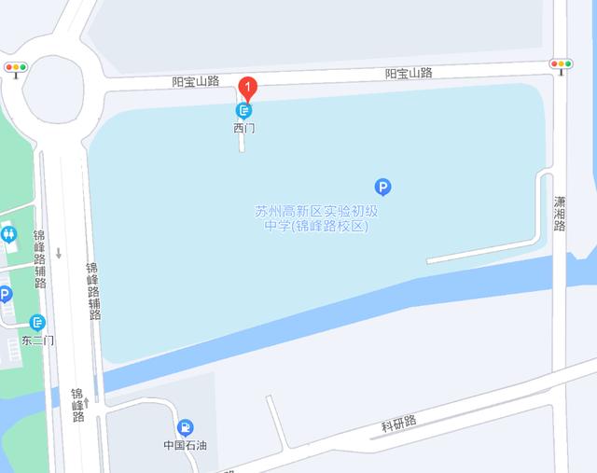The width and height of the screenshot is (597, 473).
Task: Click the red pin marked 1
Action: pos(248,89)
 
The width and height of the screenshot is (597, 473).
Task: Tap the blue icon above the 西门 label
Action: pos(243,110)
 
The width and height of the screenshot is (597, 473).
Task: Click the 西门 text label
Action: pos(243,128)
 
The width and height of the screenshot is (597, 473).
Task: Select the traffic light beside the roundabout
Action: pos(16,67)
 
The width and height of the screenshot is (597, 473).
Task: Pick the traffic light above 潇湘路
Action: pos(561,64)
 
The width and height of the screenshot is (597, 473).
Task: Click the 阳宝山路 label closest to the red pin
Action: pos(195,81)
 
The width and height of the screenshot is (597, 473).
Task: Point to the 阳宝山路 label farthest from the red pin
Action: pos(409,73)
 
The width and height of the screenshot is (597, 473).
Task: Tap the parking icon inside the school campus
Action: pos(382,187)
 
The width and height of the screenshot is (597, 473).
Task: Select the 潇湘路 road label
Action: pos(560,214)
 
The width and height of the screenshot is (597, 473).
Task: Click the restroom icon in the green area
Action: pos(9,233)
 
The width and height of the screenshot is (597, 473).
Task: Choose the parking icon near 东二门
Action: pos(6,295)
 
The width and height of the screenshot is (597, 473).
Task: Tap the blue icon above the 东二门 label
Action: pos(37,323)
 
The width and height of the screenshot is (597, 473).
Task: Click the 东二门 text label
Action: pos(37,341)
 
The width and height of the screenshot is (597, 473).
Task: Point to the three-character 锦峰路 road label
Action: pos(78,405)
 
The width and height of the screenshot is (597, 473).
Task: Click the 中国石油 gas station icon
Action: pos(186,427)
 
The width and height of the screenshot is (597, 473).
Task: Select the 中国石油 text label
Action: pos(185,445)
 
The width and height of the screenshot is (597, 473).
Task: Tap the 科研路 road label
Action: pos(399,425)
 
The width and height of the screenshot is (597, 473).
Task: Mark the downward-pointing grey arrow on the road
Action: pos(59,253)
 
